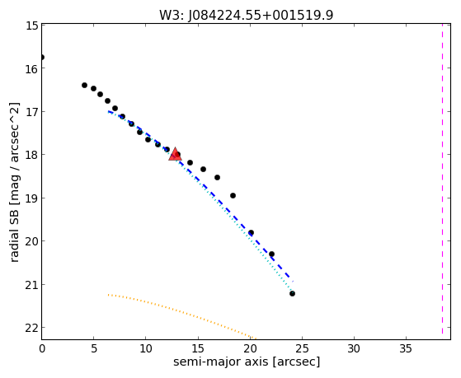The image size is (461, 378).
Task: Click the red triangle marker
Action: tap(175, 154)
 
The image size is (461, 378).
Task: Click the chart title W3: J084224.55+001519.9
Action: tap(246, 15)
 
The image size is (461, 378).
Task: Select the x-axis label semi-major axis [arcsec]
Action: tap(247, 362)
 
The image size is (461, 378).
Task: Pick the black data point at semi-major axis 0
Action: tap(42, 57)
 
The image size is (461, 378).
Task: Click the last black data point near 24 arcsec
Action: tap(292, 293)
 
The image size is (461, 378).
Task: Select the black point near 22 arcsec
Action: tap(271, 254)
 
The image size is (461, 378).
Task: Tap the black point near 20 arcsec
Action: tap(251, 232)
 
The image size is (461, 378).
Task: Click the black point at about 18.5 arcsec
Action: tap(233, 195)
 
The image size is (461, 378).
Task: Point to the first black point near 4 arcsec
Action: tap(84, 85)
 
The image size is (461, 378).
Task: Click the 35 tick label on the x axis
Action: tap(406, 349)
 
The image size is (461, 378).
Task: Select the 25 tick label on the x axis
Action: tap(302, 349)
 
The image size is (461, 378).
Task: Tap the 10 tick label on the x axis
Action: tap(146, 349)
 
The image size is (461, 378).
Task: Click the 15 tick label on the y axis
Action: tap(31, 26)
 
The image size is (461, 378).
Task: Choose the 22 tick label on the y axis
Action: tap(31, 328)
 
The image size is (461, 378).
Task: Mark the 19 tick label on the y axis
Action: tap(31, 198)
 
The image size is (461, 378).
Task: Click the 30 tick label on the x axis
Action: tap(354, 349)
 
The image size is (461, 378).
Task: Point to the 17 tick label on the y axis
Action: tap(31, 112)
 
